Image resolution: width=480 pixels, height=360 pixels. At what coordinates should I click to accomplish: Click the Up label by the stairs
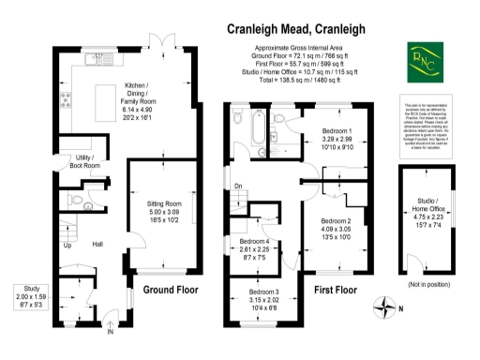click(67, 247)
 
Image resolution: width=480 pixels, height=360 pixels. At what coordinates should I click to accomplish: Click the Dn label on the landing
click(239, 187)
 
